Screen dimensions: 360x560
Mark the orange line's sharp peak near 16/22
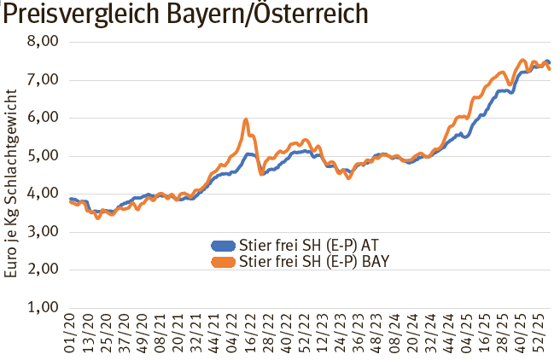(x=246, y=120)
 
